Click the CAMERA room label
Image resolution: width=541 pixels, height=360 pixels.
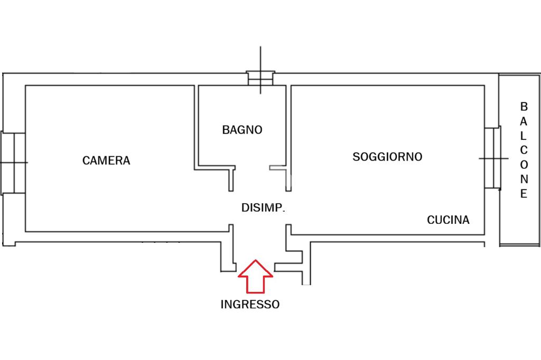click(x=106, y=160)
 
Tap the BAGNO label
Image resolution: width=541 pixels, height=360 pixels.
click(x=242, y=130)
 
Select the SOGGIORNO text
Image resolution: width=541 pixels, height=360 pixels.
click(x=387, y=157)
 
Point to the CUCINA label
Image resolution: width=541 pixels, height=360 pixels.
click(x=448, y=220)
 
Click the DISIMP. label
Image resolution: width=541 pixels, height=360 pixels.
click(x=263, y=208)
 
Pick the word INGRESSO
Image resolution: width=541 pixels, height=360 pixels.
click(x=250, y=305)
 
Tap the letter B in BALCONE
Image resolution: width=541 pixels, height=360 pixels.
click(x=524, y=106)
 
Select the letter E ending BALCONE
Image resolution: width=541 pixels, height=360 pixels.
click(x=524, y=194)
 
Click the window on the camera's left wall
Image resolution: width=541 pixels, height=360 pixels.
click(x=13, y=163)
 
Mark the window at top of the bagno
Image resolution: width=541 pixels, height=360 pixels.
click(x=260, y=78)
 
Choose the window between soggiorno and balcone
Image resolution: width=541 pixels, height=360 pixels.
click(x=493, y=158)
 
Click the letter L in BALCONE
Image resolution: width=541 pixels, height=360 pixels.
click(x=524, y=136)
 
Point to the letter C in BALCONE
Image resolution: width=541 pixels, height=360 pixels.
click(x=524, y=150)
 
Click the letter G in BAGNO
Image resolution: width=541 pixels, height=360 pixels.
click(x=241, y=130)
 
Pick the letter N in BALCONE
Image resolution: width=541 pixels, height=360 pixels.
click(x=524, y=179)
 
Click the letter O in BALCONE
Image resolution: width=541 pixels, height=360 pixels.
click(x=524, y=165)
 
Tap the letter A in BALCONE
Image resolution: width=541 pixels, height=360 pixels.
click(x=524, y=121)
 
